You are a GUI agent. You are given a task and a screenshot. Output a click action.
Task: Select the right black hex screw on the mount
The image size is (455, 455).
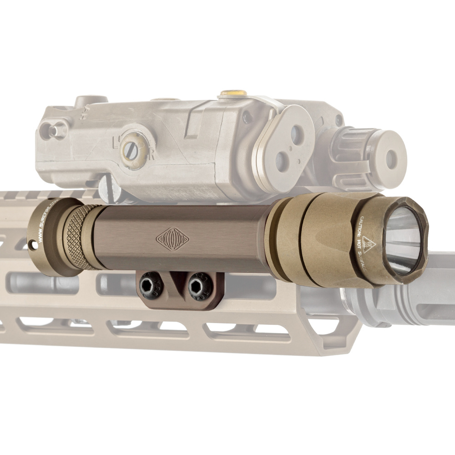pyautogui.click(x=201, y=286)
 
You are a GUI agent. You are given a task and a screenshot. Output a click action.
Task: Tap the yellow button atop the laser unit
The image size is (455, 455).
pyautogui.click(x=233, y=93)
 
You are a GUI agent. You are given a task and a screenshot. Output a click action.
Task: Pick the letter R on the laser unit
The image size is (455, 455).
pyautogui.click(x=151, y=155)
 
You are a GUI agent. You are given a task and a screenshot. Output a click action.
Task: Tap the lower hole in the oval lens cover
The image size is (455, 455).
pyautogui.click(x=282, y=161)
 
